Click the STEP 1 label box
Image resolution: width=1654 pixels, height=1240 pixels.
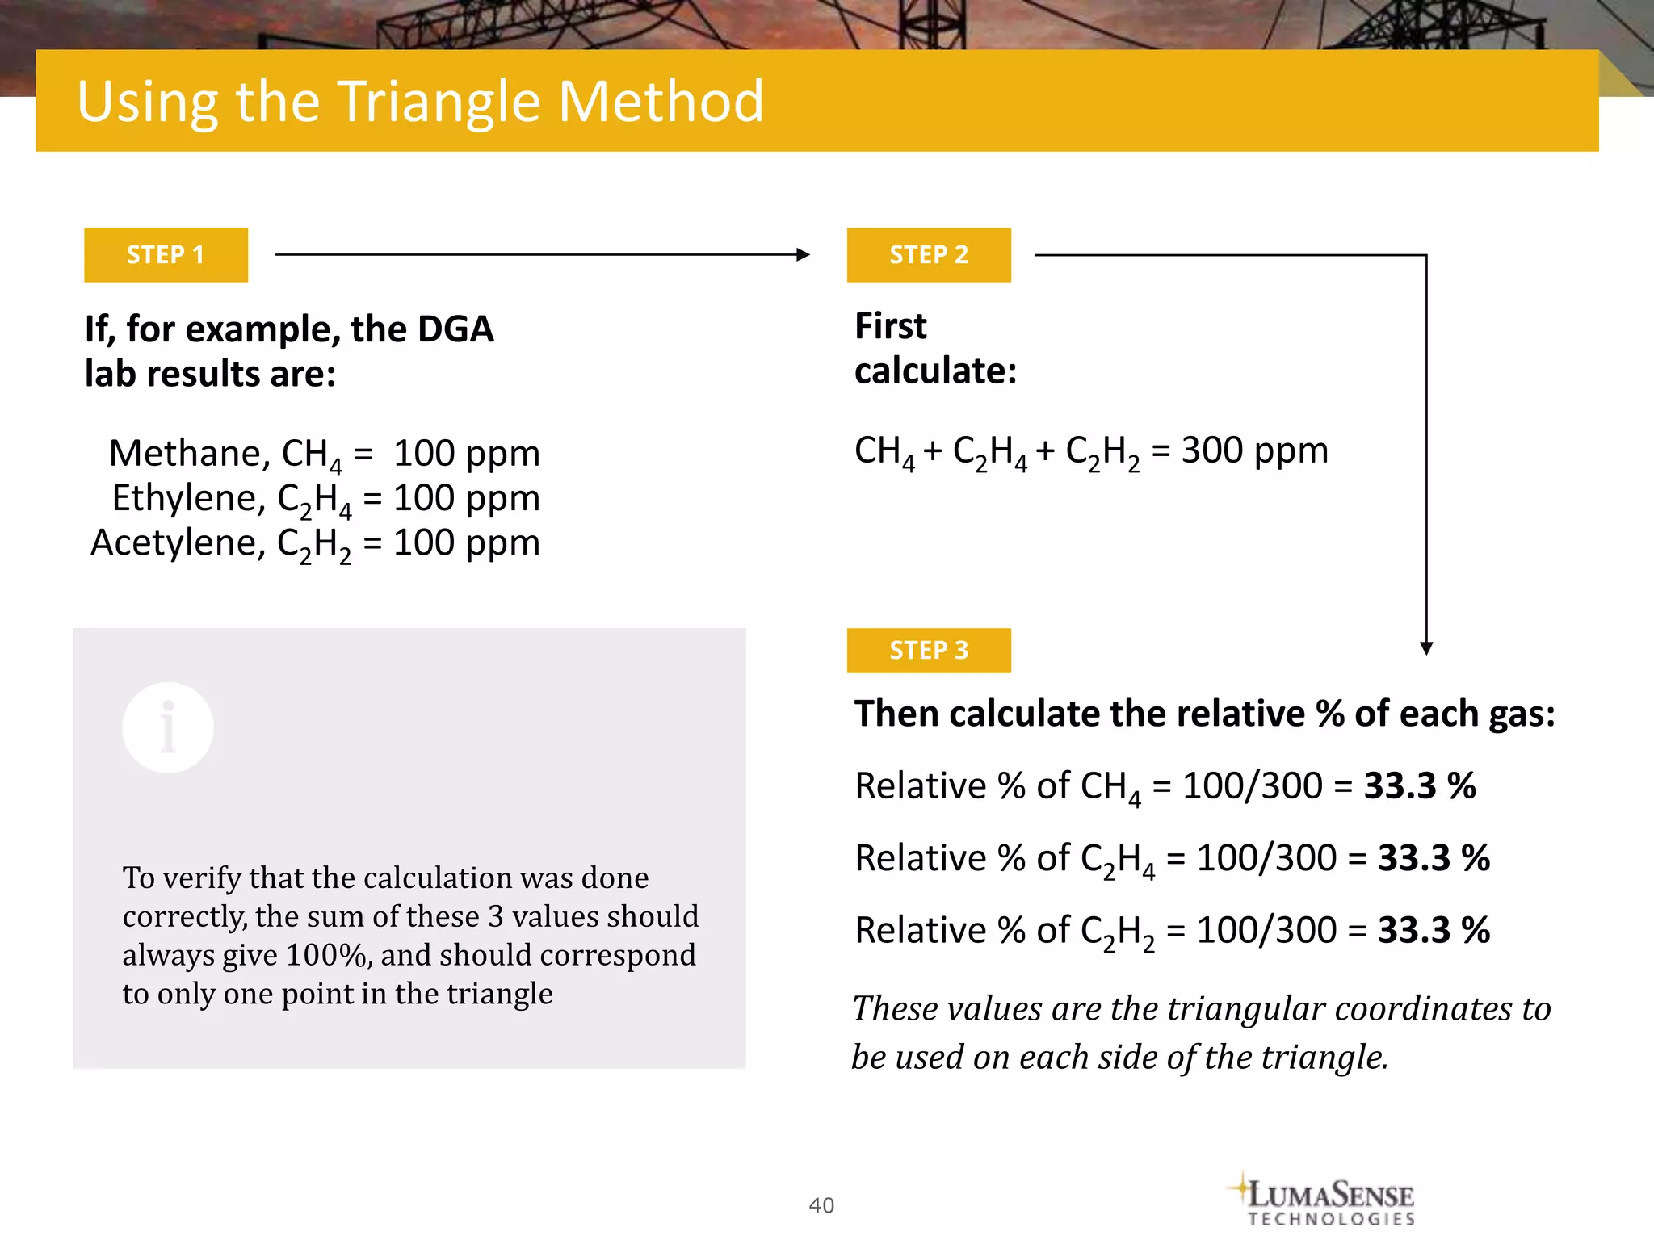click(166, 255)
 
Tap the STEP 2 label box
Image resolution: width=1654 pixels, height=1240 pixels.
click(929, 255)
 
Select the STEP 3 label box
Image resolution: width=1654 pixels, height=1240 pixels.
click(929, 651)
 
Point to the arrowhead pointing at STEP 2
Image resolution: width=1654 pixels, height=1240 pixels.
click(803, 255)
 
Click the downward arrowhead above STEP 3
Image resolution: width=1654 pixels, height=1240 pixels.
click(1426, 647)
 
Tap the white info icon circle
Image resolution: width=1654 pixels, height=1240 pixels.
click(168, 727)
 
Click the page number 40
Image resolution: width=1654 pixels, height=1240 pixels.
click(821, 1205)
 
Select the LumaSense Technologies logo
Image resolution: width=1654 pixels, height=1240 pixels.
click(1324, 1200)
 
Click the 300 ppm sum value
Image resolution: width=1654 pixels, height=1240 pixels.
click(1254, 450)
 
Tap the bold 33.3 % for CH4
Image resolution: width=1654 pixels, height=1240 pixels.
click(1420, 785)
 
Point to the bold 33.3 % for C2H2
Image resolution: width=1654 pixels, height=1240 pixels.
click(1434, 930)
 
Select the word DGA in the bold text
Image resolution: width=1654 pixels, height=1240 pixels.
click(455, 329)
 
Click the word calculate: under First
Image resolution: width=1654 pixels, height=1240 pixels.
click(935, 371)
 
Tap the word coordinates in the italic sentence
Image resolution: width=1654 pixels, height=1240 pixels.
click(1423, 1009)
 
